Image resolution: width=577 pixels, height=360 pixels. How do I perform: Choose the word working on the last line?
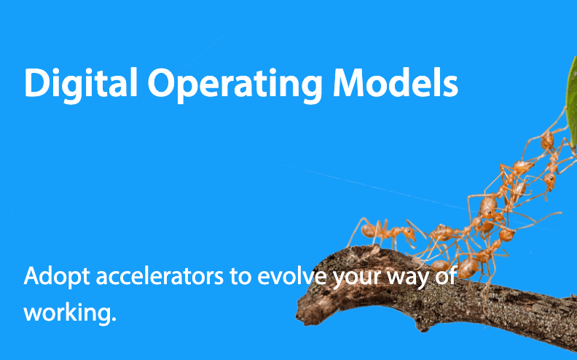[68, 313]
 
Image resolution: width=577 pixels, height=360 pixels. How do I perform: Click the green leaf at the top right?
[571, 102]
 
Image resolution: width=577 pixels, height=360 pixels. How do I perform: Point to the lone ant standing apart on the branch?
[384, 233]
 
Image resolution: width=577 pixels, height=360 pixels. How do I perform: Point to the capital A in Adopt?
[31, 278]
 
